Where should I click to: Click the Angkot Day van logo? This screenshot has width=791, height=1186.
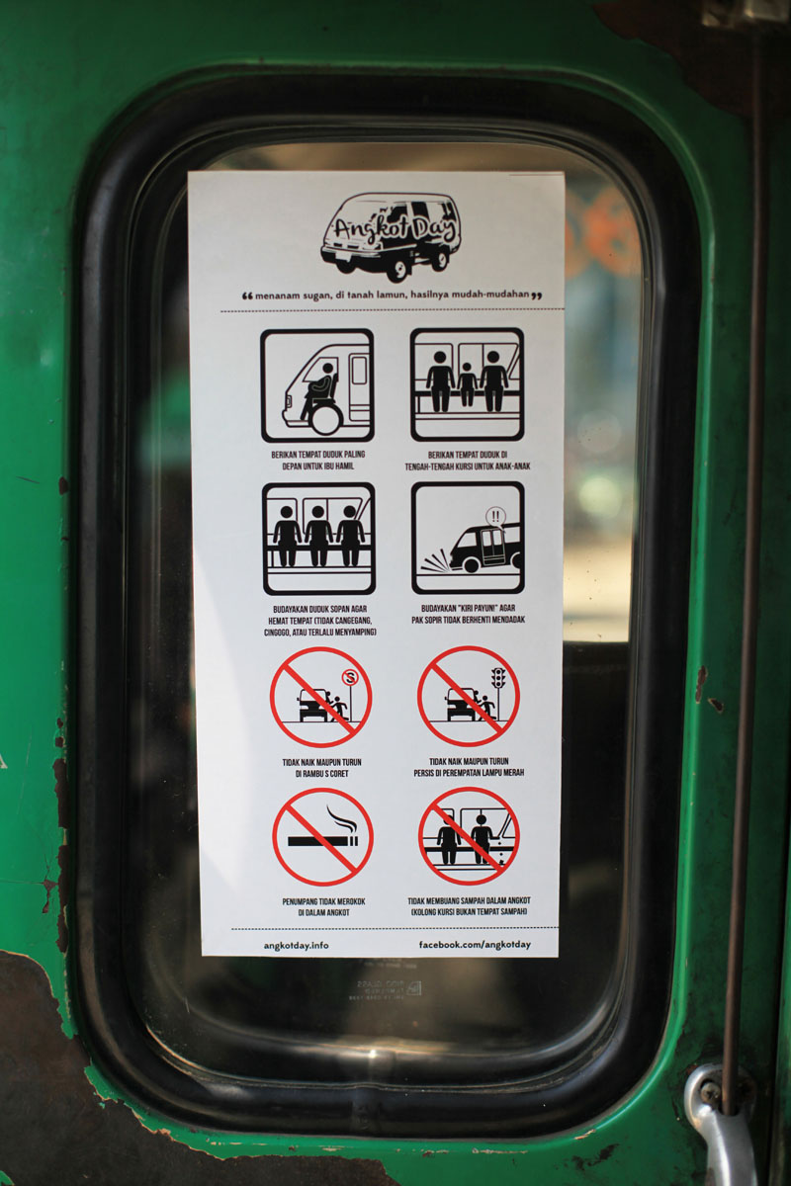390,235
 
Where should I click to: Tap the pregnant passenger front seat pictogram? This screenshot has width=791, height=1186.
317,385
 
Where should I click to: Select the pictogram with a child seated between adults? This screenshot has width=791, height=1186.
468,384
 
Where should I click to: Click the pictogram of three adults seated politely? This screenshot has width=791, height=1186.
318,539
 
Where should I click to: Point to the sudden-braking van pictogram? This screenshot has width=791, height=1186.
469,538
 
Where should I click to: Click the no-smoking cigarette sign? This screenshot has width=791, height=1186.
322,837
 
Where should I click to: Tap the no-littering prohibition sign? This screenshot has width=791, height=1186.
469,836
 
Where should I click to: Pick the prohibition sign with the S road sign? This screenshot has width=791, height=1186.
321,698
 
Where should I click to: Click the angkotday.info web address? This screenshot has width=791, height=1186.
297,945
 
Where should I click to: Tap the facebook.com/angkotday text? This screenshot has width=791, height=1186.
475,945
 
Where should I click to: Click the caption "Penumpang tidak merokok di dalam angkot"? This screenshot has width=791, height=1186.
323,907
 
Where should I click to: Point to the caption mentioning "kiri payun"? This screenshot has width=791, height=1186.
469,614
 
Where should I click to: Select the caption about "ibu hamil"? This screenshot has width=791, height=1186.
318,461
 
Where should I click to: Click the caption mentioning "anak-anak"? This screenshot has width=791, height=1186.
468,461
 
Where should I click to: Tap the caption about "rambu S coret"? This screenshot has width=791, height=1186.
321,768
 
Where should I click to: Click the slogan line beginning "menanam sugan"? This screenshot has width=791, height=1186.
393,295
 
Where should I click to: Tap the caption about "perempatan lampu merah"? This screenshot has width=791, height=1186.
469,767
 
